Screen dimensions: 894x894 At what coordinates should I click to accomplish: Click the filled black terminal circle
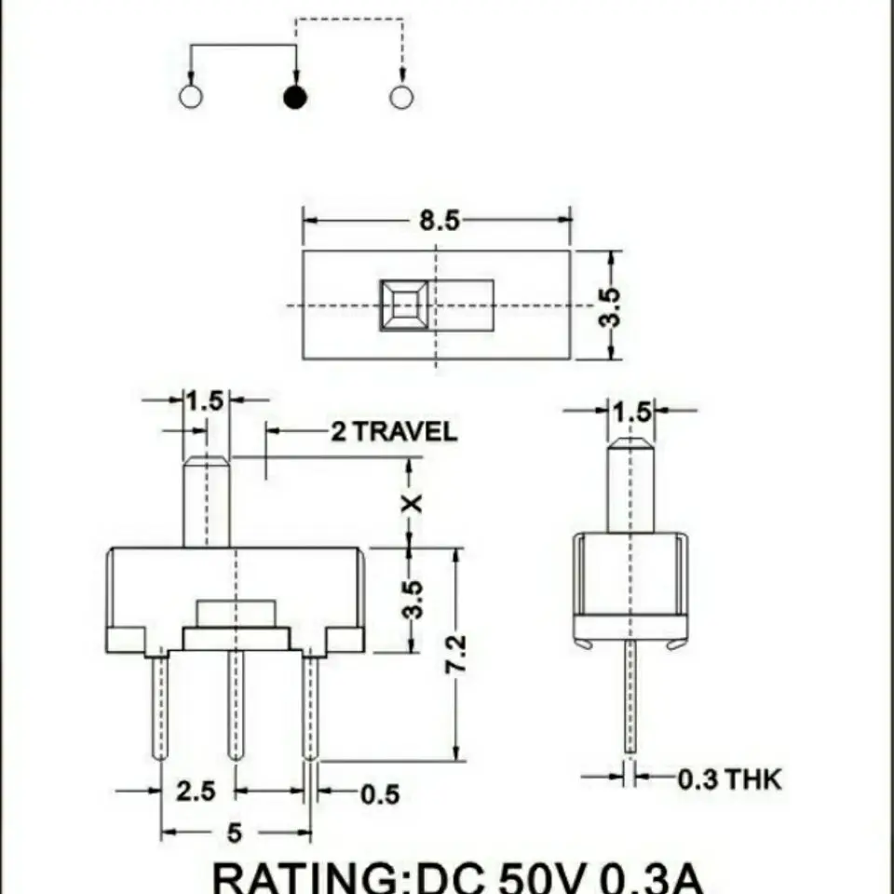(295, 97)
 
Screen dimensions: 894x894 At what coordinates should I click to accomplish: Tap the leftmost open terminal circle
(190, 96)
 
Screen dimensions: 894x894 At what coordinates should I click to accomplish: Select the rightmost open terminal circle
(400, 96)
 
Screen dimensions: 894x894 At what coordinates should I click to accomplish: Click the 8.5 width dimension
(439, 220)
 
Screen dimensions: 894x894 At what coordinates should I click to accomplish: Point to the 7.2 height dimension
(455, 654)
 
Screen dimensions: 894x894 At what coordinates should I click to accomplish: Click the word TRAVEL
(405, 431)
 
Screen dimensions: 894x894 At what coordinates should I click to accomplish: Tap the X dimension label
(412, 504)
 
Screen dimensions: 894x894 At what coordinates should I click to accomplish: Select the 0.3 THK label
(730, 779)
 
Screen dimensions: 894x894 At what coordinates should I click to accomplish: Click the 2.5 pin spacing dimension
(196, 792)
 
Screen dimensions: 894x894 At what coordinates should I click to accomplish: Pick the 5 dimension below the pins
(235, 833)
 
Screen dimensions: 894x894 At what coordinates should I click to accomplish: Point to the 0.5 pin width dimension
(380, 794)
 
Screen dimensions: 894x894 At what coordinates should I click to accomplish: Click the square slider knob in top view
(404, 305)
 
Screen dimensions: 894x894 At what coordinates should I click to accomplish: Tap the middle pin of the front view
(236, 705)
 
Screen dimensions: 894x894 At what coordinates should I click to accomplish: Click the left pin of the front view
(161, 707)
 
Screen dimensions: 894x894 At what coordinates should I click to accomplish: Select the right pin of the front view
(311, 707)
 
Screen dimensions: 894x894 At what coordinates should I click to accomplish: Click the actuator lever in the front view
(207, 502)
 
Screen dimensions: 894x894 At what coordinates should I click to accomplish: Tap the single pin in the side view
(630, 697)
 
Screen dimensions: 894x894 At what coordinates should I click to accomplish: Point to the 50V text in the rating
(542, 879)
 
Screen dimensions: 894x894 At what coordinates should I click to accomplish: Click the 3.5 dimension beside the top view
(609, 307)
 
